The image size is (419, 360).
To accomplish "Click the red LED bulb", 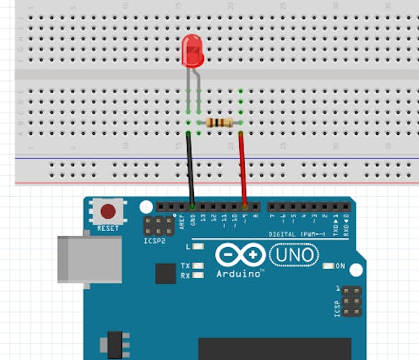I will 192,51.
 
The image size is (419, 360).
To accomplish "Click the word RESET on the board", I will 108,228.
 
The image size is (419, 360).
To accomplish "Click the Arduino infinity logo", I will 241,255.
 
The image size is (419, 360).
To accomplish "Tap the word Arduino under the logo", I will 240,273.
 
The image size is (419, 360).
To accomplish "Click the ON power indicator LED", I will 329,266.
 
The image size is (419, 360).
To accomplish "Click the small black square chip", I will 165,273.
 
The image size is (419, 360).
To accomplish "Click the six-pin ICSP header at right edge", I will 351,301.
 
